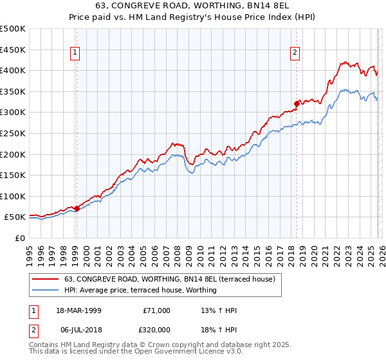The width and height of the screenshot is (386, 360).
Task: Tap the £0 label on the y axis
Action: tap(20, 238)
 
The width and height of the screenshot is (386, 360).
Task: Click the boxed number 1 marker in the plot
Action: tap(76, 53)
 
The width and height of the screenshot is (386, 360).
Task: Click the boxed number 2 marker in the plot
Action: tap(295, 53)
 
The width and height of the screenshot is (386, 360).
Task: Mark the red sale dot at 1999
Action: tap(77, 208)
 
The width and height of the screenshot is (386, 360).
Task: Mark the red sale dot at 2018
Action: tap(297, 103)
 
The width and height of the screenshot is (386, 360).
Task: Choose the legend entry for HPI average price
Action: tap(140, 290)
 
